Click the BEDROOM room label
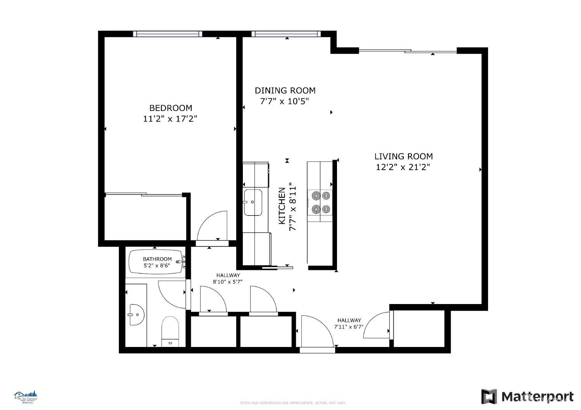(170, 108)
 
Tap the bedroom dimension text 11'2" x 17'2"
(170, 119)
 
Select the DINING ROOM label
(285, 91)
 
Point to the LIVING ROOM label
(403, 156)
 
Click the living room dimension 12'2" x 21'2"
(403, 167)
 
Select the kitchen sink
(253, 202)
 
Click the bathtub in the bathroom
(157, 262)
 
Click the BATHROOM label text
(157, 259)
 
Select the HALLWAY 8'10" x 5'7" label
(227, 278)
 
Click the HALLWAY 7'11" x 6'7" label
(349, 323)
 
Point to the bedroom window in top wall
(167, 34)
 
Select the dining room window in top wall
(286, 34)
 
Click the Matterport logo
(527, 396)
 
